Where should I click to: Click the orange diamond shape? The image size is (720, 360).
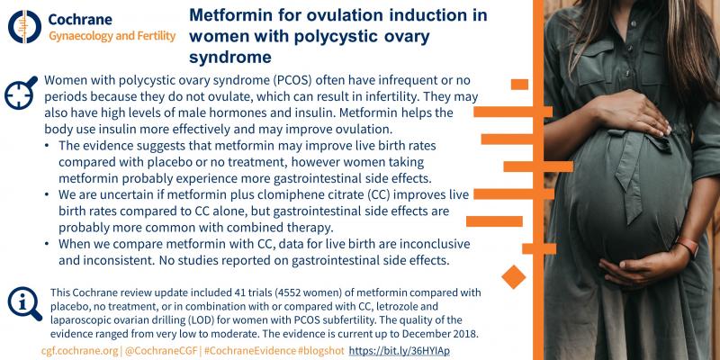(512, 274)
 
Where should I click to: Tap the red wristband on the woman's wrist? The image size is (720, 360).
(686, 248)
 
